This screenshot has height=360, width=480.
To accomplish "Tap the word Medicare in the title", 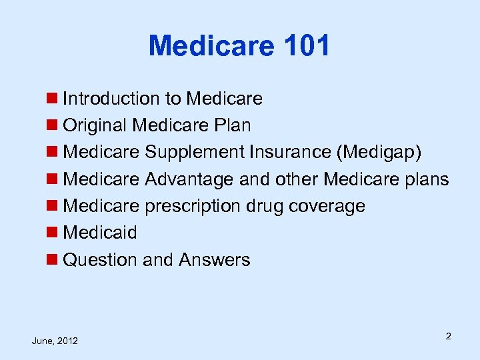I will click(211, 46).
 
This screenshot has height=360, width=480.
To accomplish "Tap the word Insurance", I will click(291, 153).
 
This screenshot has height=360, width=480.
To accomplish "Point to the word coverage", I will click(327, 206).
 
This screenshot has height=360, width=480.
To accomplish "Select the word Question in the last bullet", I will click(100, 260).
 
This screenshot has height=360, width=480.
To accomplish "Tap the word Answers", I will click(214, 260).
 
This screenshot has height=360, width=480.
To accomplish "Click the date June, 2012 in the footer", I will click(55, 341).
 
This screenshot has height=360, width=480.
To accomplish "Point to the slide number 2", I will click(449, 336).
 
